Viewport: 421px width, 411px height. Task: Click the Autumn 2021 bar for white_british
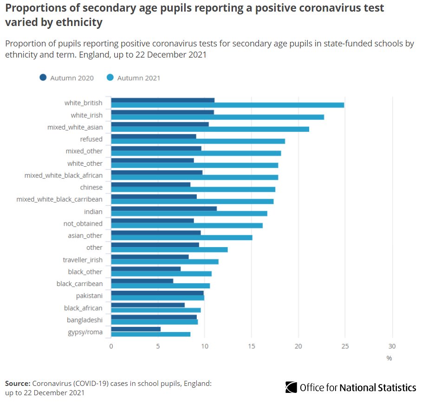tap(227, 105)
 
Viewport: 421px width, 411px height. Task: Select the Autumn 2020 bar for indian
tap(164, 209)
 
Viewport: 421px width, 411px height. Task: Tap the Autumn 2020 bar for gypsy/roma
tap(136, 329)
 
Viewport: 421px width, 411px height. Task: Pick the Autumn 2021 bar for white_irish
tap(217, 117)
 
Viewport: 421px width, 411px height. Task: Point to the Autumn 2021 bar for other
tap(169, 250)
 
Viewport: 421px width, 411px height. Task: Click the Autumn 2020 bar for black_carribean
tap(142, 281)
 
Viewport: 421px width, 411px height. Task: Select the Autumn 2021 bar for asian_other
tap(181, 238)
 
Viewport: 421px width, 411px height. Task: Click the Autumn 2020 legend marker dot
tap(43, 78)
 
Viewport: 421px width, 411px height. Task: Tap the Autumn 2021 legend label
tap(139, 78)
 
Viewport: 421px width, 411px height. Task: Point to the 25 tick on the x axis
tap(345, 346)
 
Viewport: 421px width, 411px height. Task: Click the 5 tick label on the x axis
tap(158, 346)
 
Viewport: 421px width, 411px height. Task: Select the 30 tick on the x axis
tap(392, 346)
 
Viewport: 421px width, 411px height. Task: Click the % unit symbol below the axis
tap(389, 358)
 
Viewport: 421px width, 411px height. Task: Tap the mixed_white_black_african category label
tap(64, 176)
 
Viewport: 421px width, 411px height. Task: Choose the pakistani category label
tap(89, 296)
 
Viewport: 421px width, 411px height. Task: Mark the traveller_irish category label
tap(83, 260)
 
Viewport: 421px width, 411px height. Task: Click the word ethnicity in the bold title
tap(80, 22)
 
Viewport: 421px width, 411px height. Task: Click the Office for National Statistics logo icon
tap(291, 387)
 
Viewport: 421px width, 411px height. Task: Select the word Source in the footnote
tap(17, 384)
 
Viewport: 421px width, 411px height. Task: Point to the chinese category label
tap(91, 188)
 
